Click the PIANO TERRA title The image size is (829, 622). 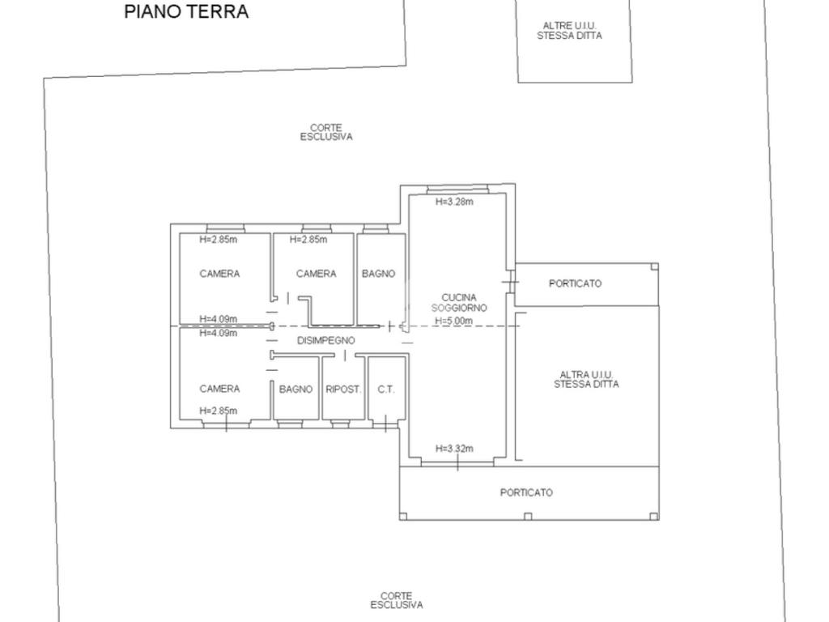(186, 11)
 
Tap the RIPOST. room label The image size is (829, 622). (343, 390)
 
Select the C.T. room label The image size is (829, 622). (386, 390)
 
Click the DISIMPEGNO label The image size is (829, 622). (325, 341)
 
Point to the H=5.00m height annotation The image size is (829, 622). (453, 321)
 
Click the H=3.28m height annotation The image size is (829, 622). (454, 202)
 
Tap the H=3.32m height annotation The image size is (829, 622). (454, 449)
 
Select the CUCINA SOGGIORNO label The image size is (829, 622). (458, 303)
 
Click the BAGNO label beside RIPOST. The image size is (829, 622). (295, 390)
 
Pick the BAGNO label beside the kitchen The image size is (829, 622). (378, 274)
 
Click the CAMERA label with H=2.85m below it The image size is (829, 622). (219, 389)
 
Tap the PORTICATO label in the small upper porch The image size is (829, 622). (576, 283)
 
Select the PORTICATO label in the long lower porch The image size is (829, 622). (526, 492)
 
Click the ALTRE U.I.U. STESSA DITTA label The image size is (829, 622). (569, 31)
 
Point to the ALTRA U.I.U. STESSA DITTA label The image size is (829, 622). (586, 380)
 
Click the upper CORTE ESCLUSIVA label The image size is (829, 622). (326, 132)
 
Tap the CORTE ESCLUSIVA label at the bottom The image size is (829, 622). (397, 600)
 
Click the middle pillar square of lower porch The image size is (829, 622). (527, 516)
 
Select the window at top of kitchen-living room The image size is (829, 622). (457, 189)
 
